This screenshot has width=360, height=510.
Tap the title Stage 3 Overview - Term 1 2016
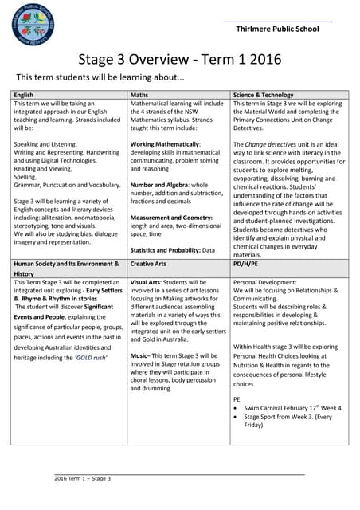179,61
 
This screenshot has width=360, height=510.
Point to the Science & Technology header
264,95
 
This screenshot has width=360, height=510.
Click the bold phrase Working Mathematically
165,144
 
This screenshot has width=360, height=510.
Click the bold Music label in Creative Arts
140,355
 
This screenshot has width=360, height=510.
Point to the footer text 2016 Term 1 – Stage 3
82,479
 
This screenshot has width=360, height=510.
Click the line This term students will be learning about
100,77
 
